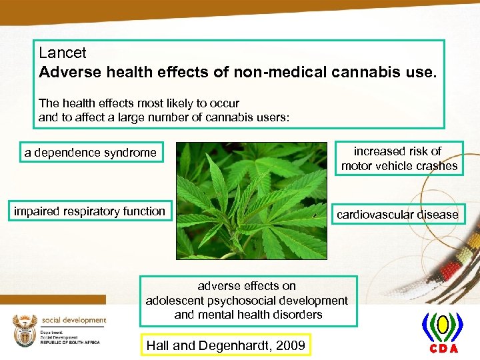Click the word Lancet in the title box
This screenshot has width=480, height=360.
63,52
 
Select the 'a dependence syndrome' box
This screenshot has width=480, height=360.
90,153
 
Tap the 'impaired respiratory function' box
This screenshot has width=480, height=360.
89,211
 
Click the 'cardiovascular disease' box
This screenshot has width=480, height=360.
397,215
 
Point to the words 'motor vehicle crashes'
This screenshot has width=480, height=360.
399,166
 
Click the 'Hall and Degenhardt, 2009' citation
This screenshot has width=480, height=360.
225,345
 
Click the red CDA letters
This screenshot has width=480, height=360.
441,349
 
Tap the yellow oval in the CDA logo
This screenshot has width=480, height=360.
441,325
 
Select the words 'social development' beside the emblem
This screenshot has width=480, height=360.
73,320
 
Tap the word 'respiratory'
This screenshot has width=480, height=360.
89,211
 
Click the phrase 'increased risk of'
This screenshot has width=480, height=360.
397,151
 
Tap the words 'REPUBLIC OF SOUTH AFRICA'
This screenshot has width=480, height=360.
70,342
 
